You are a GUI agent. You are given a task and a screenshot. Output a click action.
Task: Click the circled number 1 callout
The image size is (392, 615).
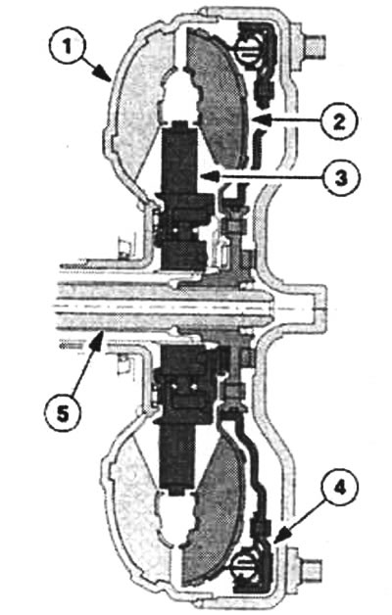click(x=69, y=47)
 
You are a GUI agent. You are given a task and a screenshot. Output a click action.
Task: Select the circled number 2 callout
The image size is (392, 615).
click(x=339, y=120)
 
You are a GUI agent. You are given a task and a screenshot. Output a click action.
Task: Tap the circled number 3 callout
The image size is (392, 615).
click(x=340, y=178)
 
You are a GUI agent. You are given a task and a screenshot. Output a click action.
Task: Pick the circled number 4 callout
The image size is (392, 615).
click(x=339, y=489)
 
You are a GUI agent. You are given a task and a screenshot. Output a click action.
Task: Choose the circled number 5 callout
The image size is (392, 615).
click(x=63, y=412)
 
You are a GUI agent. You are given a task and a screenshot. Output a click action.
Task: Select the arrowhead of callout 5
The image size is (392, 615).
click(x=98, y=340)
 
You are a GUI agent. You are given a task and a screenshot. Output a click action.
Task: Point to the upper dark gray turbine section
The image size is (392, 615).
click(x=216, y=98)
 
